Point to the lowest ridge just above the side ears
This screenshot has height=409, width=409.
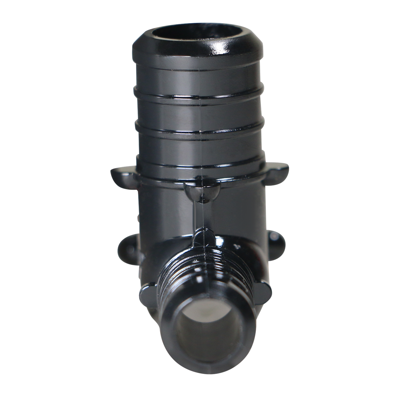pos(201,163)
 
